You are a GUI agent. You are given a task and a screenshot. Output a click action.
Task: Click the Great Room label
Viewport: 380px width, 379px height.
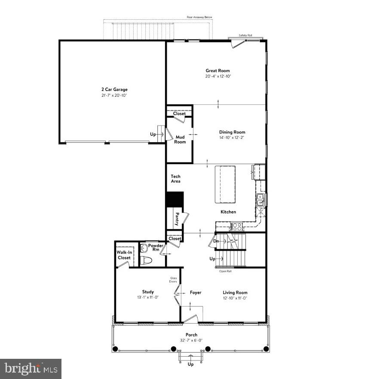pos(217,70)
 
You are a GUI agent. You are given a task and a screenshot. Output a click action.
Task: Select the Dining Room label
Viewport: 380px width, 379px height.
pos(232,132)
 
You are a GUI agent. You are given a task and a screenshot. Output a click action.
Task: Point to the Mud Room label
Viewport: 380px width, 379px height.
pos(180,139)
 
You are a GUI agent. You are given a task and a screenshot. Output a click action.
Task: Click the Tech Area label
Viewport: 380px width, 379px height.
pos(175,179)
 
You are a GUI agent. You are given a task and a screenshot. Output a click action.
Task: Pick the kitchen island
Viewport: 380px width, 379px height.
pos(225,184)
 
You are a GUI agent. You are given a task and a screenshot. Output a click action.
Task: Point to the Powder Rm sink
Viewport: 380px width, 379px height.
pos(144,248)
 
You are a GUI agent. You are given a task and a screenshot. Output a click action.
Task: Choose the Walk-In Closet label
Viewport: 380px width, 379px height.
pos(124,255)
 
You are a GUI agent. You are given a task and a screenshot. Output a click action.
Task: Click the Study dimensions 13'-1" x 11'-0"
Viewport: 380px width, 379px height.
pos(148,298)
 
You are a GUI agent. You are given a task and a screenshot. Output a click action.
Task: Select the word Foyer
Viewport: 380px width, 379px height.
pos(196,293)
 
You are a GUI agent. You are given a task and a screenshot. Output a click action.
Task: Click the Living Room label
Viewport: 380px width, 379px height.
pos(235,293)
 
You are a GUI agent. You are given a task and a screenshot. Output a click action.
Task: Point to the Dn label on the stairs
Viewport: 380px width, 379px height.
pos(216,241)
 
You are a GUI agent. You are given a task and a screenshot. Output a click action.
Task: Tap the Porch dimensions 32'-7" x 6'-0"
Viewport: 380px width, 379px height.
pos(191,341)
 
